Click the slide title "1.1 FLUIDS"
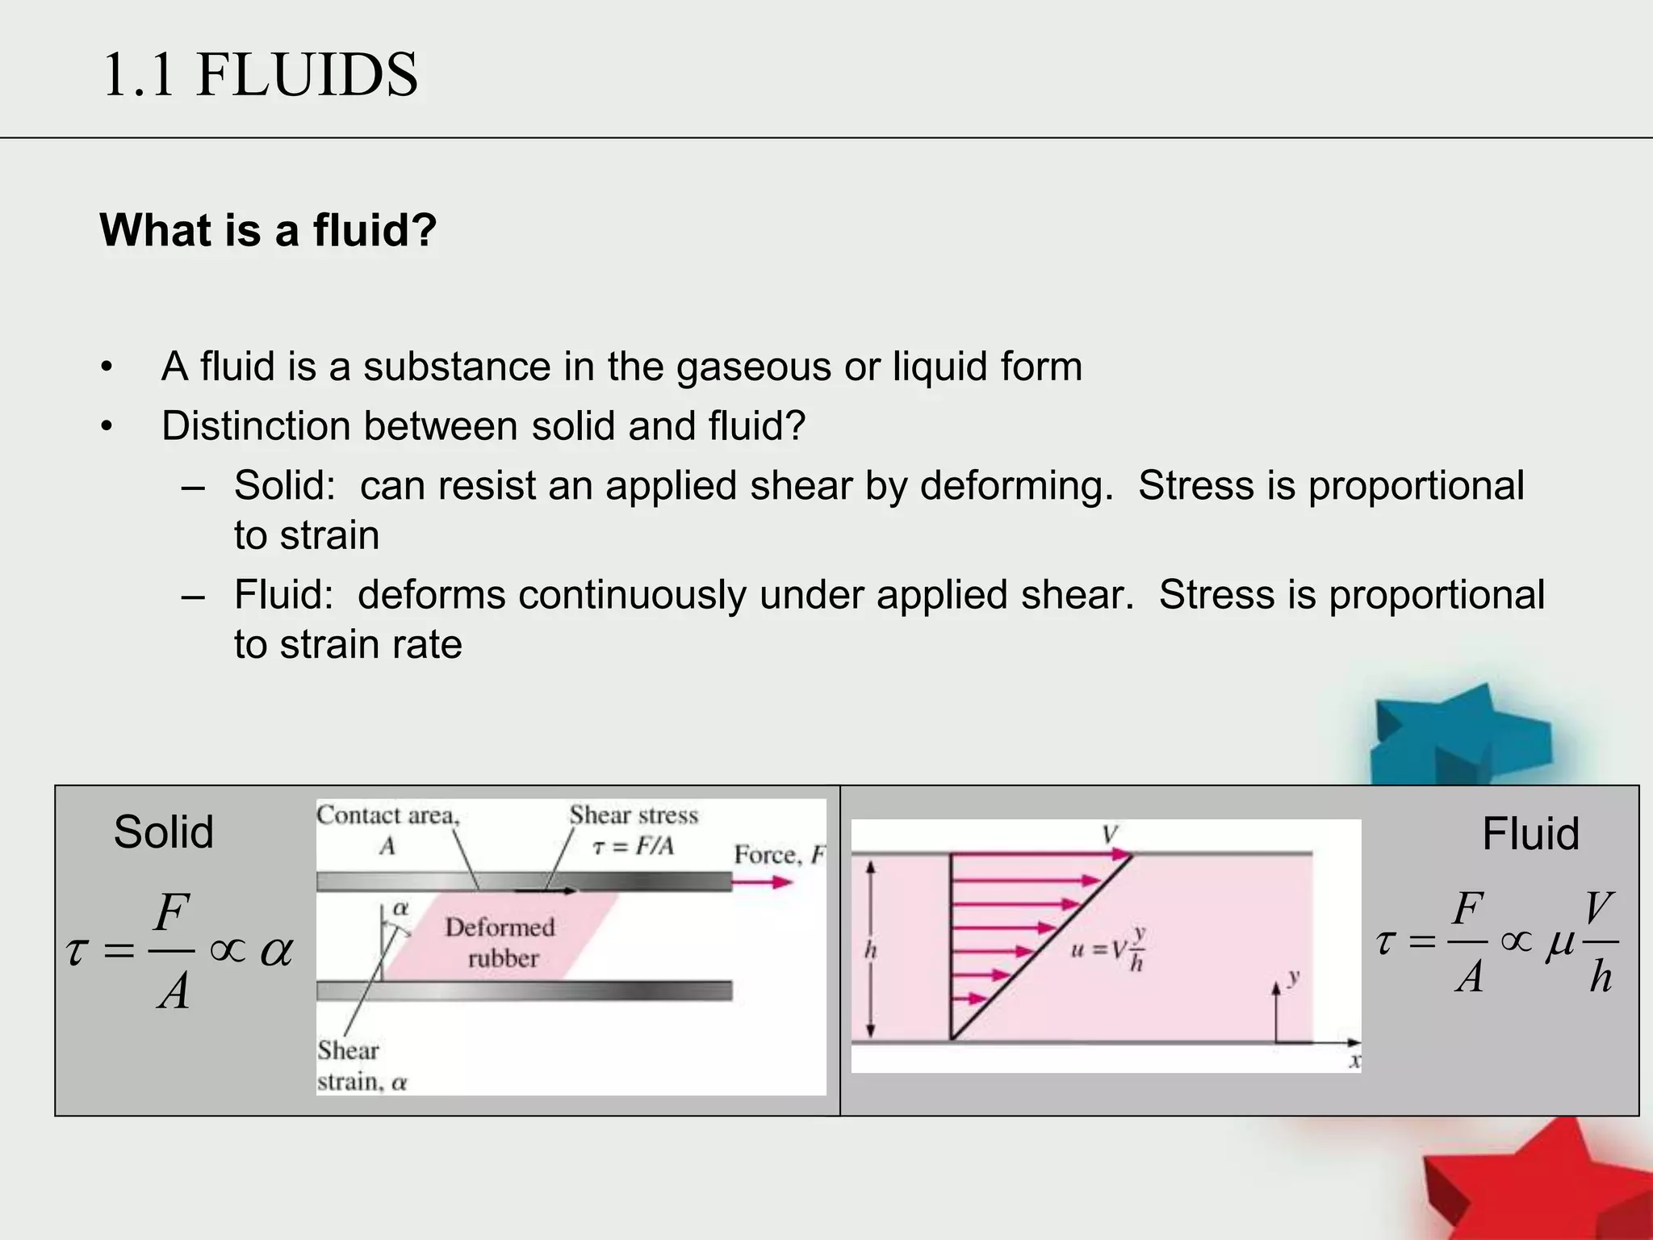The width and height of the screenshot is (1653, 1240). [x=260, y=74]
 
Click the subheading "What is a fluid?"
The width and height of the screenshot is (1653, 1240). [x=268, y=230]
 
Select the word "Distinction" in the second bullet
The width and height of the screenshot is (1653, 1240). [x=255, y=426]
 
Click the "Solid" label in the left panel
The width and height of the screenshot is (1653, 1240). [x=163, y=832]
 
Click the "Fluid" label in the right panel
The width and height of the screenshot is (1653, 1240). [x=1530, y=834]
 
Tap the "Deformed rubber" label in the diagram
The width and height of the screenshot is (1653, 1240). [x=500, y=942]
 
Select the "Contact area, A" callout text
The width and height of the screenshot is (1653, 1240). [x=387, y=830]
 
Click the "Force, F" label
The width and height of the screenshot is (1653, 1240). [x=779, y=854]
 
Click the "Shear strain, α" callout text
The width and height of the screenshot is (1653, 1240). [x=361, y=1066]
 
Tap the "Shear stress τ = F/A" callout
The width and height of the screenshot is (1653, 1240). [x=634, y=830]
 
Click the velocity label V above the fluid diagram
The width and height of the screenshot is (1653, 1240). [x=1111, y=834]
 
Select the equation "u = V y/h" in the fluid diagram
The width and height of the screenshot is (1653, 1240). [x=1108, y=949]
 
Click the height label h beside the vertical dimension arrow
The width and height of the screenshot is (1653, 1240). [x=870, y=950]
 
